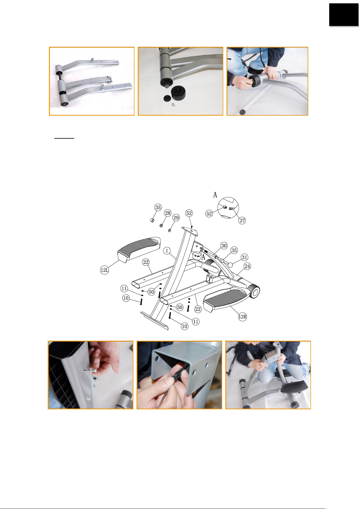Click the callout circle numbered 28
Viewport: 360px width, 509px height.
168,213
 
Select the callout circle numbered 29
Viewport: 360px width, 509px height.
176,218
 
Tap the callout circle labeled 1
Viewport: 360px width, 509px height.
167,251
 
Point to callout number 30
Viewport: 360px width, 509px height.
224,246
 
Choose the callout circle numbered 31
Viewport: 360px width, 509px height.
244,257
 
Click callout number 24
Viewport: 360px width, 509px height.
247,266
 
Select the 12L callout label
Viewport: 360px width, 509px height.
104,270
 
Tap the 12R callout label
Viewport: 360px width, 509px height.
243,317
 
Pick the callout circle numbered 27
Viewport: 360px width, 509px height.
242,221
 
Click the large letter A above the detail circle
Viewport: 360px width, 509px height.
215,195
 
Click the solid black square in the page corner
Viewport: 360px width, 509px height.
344,15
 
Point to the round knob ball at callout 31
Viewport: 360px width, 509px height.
231,265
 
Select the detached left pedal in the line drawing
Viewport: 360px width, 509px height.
139,249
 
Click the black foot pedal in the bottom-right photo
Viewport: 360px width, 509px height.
295,386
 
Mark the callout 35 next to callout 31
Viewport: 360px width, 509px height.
234,250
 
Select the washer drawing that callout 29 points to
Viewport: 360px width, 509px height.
169,230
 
